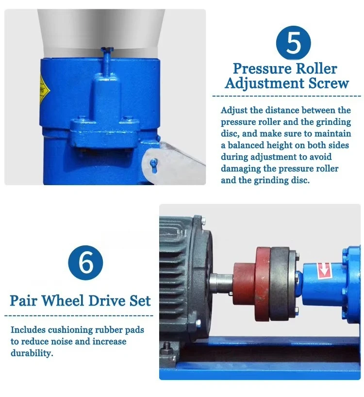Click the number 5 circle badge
click(293, 43)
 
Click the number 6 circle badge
click(85, 262)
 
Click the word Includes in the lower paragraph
click(28, 329)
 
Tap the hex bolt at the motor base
click(166, 346)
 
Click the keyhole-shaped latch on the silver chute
click(154, 165)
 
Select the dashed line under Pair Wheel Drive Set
click(79, 316)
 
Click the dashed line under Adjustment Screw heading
click(287, 96)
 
